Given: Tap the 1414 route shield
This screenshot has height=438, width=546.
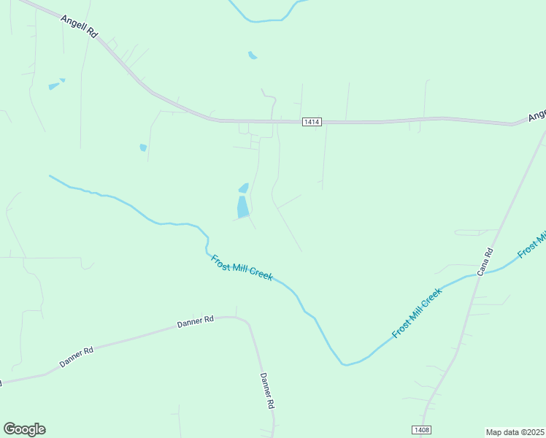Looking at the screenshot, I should pyautogui.click(x=311, y=122).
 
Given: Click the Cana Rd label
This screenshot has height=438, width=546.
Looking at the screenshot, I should pyautogui.click(x=485, y=262).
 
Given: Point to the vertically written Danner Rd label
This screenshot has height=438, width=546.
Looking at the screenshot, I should pyautogui.click(x=267, y=391).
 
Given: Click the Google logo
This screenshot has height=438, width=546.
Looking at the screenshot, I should pyautogui.click(x=24, y=429).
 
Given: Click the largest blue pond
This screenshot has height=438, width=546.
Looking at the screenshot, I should pyautogui.click(x=242, y=207).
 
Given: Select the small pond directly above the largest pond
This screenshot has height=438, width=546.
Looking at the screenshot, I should pyautogui.click(x=244, y=188).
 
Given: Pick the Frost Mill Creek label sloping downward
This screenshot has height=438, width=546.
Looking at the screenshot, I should pyautogui.click(x=242, y=267).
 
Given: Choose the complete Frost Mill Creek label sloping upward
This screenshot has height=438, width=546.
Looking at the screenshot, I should pyautogui.click(x=417, y=313).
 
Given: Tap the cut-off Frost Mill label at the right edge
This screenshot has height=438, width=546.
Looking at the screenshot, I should pyautogui.click(x=532, y=245).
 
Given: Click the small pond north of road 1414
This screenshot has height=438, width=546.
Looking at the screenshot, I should pyautogui.click(x=253, y=55).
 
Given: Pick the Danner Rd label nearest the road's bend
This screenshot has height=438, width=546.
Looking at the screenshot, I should pyautogui.click(x=195, y=320).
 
